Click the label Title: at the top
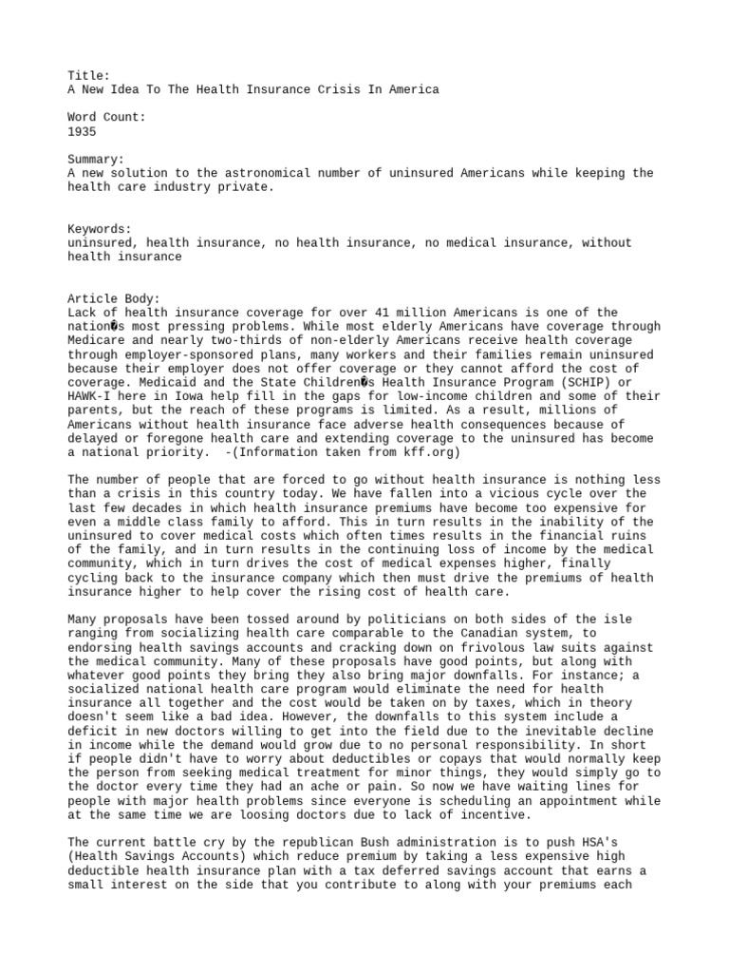88,75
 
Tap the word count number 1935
82,132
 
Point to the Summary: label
96,160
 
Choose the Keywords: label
100,229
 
